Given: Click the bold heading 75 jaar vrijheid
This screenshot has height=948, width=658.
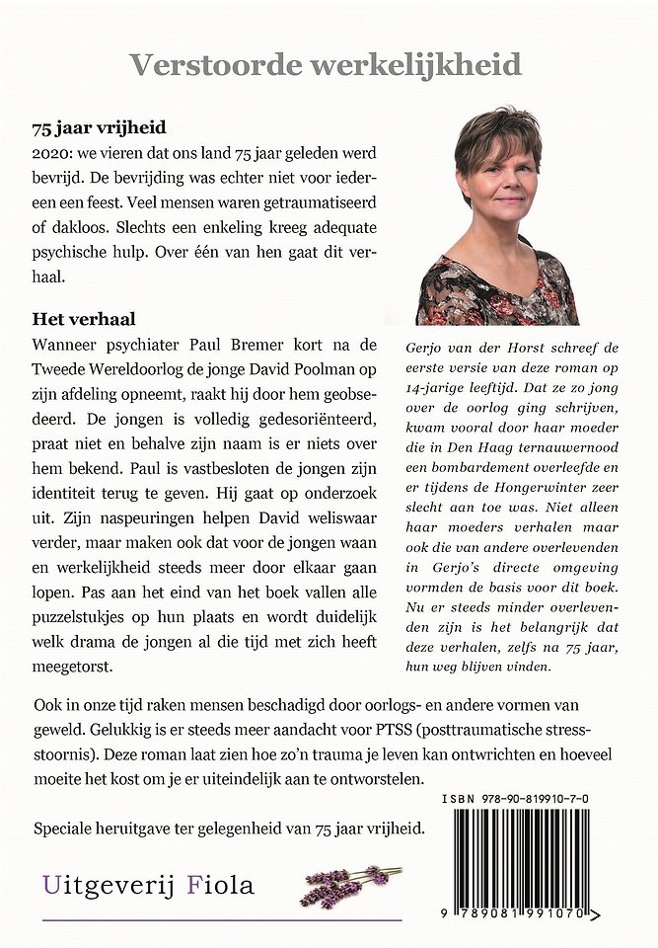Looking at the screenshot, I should [x=99, y=128].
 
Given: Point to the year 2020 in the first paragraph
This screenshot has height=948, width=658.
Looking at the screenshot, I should [x=52, y=155].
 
